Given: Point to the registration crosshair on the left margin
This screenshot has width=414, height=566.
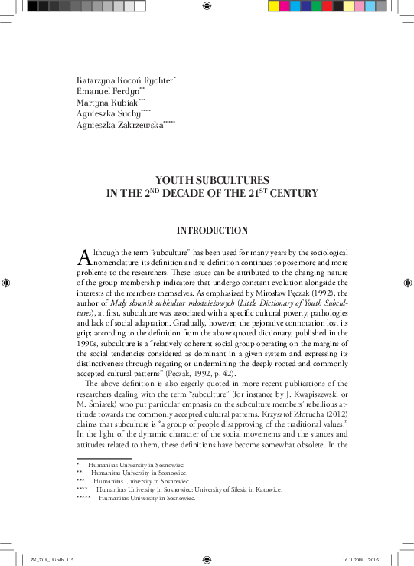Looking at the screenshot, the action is point(7,283).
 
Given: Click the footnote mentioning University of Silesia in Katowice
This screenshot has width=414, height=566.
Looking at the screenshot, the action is point(188,489).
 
